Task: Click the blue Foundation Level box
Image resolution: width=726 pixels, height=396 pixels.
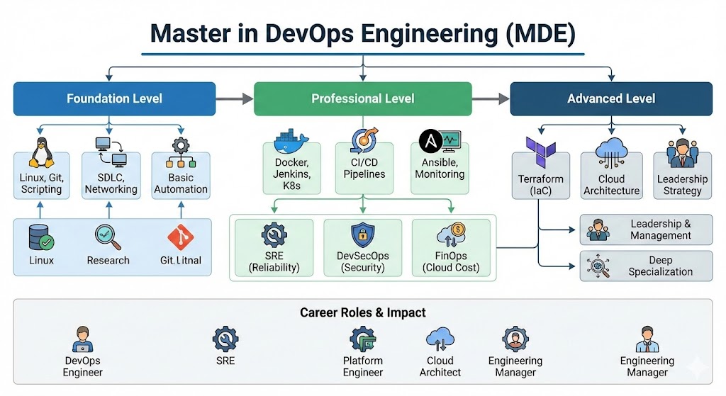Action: tap(114, 98)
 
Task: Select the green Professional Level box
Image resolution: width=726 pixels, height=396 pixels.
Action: tap(362, 98)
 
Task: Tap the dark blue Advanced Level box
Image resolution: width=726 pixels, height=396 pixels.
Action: tap(611, 98)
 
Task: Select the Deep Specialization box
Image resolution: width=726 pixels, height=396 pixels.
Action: tap(646, 266)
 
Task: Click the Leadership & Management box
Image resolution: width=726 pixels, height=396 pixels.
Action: tap(646, 230)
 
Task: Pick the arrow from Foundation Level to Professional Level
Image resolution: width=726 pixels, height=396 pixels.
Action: tap(235, 99)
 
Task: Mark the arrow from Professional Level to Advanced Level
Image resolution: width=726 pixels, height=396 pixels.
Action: tap(491, 99)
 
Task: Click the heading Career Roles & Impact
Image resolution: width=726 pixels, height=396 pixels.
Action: tap(362, 312)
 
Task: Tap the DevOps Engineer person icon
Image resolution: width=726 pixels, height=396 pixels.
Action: tap(83, 340)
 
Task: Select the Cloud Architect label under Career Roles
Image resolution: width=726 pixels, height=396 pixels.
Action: tap(440, 366)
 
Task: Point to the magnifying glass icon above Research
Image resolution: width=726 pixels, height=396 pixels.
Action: tap(108, 237)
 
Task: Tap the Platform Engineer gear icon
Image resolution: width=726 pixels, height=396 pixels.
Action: tap(362, 339)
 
